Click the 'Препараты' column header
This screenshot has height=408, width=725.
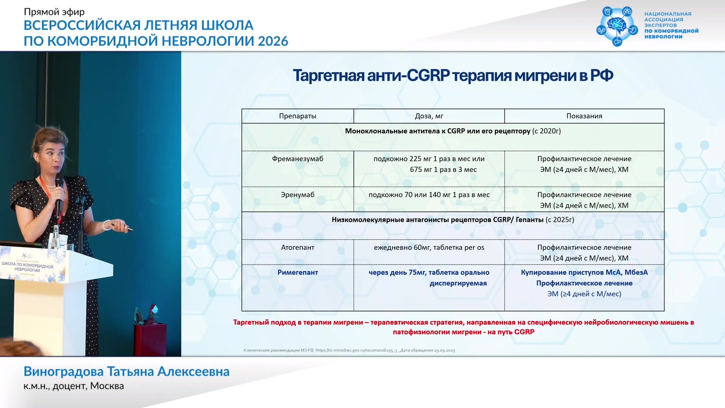(x=298, y=116)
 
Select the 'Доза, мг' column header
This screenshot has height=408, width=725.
(x=429, y=116)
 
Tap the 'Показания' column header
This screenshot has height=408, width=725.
(x=584, y=116)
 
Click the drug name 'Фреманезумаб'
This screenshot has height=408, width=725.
(x=298, y=159)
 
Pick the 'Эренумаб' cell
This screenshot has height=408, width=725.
(x=298, y=195)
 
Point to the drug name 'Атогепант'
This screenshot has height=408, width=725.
(x=298, y=247)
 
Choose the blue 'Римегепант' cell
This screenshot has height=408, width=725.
(x=298, y=272)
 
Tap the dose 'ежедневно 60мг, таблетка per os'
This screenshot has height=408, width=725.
(x=429, y=247)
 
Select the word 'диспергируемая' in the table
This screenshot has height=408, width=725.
(x=458, y=283)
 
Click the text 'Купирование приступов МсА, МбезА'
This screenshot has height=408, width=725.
(x=584, y=272)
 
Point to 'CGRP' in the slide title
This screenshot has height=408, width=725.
(x=428, y=76)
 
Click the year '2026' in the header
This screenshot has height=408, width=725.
(x=273, y=41)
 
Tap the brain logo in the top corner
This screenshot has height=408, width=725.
(x=617, y=26)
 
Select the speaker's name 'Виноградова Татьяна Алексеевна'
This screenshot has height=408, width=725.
(x=126, y=371)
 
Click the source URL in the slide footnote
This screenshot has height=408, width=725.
(x=356, y=350)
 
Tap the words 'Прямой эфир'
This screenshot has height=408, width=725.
(x=54, y=12)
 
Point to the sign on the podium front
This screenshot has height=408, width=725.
(x=32, y=265)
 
